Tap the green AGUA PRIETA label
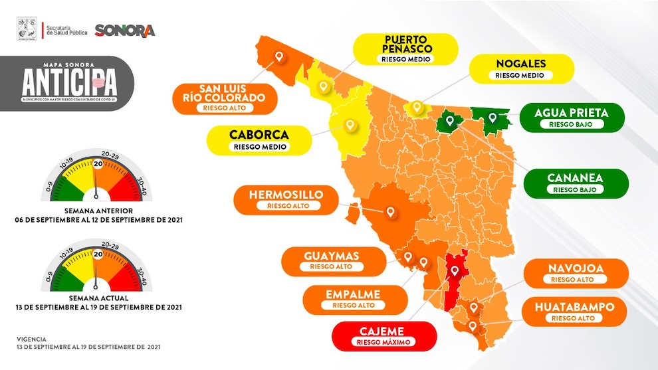571,118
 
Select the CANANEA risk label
576,183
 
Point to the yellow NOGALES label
521,69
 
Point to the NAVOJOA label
576,274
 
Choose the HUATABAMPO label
576,312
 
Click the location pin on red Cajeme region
455,271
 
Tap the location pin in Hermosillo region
391,213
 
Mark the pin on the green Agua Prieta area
493,118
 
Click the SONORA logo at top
124,30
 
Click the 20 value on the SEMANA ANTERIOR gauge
98,164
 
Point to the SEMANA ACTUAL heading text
98,299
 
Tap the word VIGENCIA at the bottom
33,338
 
